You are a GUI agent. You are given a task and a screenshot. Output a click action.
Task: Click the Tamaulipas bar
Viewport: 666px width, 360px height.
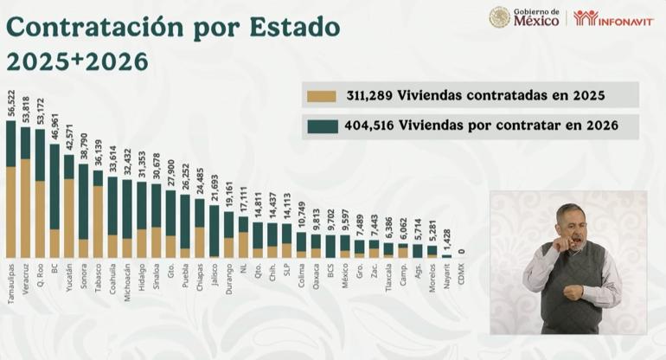11,190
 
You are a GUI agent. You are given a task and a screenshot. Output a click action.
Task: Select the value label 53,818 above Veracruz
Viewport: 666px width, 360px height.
25,112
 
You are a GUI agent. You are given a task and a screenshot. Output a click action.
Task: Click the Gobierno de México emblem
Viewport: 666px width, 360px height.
499,17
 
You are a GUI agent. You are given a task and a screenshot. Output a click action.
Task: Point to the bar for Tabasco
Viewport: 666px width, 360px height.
99,215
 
